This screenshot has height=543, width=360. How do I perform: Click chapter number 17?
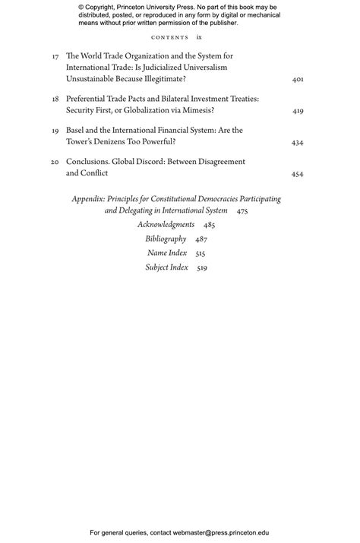click(x=55, y=57)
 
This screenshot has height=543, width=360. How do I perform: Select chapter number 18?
click(x=55, y=99)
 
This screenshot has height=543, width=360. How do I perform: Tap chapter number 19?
click(x=55, y=131)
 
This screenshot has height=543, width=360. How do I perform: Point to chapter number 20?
click(x=55, y=163)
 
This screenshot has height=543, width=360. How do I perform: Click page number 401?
click(x=298, y=79)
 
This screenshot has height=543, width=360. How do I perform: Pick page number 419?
click(x=298, y=111)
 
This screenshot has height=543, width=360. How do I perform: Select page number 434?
click(x=298, y=143)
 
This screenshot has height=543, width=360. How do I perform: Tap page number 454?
click(x=298, y=174)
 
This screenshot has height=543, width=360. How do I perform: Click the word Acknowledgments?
click(x=166, y=225)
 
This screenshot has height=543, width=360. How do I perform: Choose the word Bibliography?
click(x=166, y=239)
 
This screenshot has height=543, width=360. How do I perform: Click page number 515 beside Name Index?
click(x=201, y=254)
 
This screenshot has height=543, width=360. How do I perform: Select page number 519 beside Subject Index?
click(x=202, y=268)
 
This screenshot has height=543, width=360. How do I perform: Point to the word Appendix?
click(x=88, y=199)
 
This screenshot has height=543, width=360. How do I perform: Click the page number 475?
click(x=242, y=211)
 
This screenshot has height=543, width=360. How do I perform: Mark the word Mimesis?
click(x=194, y=110)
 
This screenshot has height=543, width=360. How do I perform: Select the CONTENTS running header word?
click(x=169, y=37)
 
